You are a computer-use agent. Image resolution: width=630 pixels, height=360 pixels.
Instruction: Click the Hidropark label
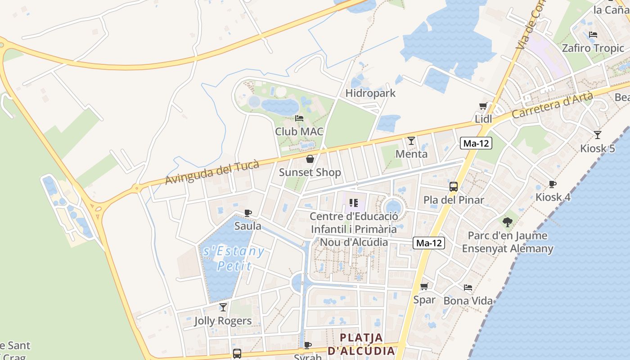click(370, 93)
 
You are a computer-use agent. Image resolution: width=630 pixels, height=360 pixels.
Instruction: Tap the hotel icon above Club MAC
click(299, 118)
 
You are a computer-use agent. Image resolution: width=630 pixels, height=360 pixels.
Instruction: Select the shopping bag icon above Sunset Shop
click(310, 159)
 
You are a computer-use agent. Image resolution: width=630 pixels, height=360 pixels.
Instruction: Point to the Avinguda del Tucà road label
click(212, 173)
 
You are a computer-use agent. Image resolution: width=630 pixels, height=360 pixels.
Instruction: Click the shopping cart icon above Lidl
click(483, 106)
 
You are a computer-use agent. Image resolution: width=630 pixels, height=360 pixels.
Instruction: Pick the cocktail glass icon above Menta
click(411, 141)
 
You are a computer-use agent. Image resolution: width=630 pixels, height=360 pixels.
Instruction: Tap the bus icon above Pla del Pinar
click(454, 187)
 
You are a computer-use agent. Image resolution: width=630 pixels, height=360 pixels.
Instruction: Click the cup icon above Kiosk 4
click(552, 184)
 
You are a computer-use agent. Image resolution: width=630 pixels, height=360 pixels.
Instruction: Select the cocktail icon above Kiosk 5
click(597, 135)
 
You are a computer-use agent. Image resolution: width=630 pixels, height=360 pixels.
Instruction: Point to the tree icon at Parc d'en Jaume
click(508, 222)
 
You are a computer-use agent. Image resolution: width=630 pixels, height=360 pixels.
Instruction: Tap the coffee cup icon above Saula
click(247, 213)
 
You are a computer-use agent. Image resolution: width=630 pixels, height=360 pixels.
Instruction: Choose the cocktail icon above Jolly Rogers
click(223, 307)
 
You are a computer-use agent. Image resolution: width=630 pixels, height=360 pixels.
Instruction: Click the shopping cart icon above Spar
click(424, 287)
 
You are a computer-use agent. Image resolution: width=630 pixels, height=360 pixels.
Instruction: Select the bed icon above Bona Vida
click(468, 288)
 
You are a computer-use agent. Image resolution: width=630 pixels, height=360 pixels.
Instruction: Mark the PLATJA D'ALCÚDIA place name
click(361, 344)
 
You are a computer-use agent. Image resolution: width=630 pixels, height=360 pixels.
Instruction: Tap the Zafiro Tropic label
click(593, 48)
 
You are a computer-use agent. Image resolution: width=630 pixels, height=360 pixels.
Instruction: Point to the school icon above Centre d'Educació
click(353, 203)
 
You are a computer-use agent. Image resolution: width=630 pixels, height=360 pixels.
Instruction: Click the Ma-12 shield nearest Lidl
click(477, 144)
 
